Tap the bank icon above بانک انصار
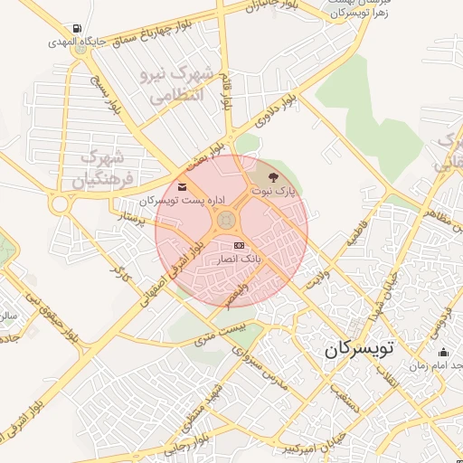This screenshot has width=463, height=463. click(239, 245)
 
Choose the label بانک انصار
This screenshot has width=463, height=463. click(237, 259)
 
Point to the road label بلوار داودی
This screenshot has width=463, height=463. click(277, 109)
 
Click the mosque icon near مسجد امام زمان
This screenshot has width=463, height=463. click(442, 353)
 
